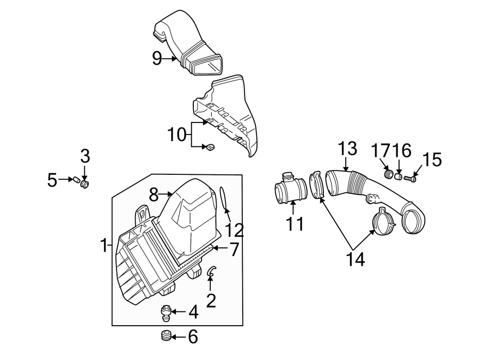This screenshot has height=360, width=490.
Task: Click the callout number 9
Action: coord(157,58)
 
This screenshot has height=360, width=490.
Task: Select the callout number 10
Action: coord(177,134)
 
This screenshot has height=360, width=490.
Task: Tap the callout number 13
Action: coord(347,148)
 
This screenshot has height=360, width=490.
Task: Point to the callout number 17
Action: coord(381,150)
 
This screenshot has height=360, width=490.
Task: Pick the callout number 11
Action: coord(295,223)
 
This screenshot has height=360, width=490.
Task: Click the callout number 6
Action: coord(193,337)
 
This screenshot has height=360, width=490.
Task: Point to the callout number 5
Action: coord(52,179)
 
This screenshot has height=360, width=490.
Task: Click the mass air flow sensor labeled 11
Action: coord(291,190)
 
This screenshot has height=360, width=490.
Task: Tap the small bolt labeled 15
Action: coord(412,177)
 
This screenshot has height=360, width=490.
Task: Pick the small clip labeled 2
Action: coord(211,271)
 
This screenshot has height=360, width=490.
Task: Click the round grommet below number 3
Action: coord(84,185)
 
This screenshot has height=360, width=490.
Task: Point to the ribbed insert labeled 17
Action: coord(389,174)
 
